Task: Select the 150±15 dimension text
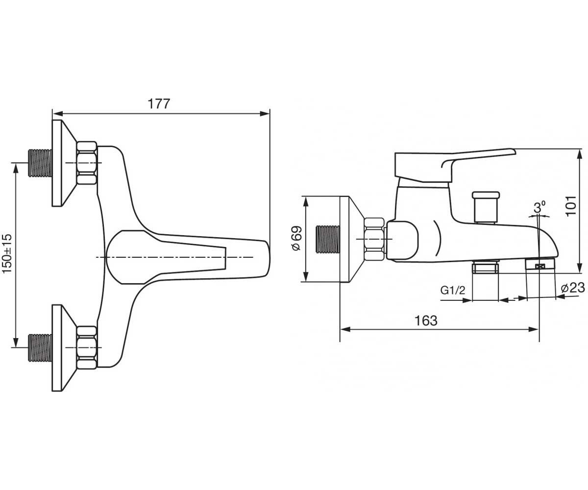(7, 253)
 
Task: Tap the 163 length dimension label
(426, 320)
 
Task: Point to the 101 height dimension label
(571, 206)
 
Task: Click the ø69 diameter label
(296, 238)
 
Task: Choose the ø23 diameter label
(572, 288)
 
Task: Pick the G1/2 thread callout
(453, 290)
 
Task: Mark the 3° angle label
(539, 208)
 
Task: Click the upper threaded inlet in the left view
(41, 163)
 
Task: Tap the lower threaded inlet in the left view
(41, 348)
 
